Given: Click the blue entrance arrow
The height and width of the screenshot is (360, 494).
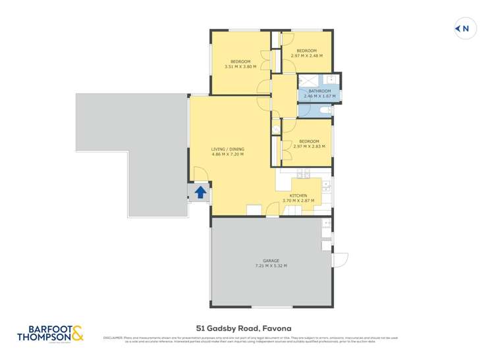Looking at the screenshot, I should pyautogui.click(x=200, y=193).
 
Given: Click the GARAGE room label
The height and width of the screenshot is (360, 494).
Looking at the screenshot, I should pyautogui.click(x=271, y=260).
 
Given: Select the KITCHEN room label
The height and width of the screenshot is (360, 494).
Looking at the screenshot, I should pyautogui.click(x=298, y=195).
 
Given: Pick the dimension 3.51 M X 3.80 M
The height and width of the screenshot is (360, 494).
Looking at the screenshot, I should pyautogui.click(x=240, y=66).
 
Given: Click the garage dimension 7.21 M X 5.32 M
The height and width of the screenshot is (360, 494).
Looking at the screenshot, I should pyautogui.click(x=271, y=265).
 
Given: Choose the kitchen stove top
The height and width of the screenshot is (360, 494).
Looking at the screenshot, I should pyautogui.click(x=303, y=174).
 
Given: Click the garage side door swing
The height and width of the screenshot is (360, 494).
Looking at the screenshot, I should pyautogui.click(x=340, y=259).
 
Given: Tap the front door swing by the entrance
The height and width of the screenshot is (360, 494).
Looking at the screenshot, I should pyautogui.click(x=201, y=174).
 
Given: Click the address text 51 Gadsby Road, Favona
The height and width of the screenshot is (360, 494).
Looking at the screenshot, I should pyautogui.click(x=243, y=328).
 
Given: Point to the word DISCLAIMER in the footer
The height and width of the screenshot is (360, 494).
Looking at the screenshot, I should pyautogui.click(x=113, y=338).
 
